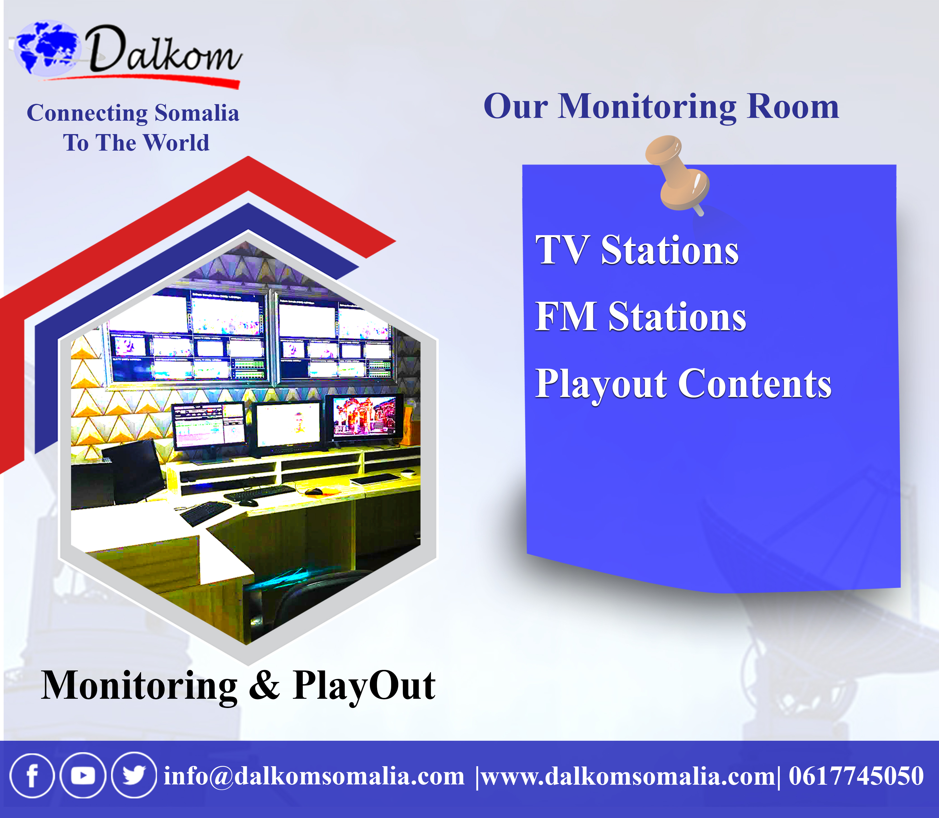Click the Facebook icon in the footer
pyautogui.click(x=32, y=775)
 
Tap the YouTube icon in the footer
pyautogui.click(x=83, y=775)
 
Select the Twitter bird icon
pyautogui.click(x=134, y=775)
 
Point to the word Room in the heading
pyautogui.click(x=793, y=106)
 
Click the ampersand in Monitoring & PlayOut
pyautogui.click(x=264, y=685)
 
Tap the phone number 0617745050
pyautogui.click(x=856, y=776)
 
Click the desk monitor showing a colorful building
pyautogui.click(x=364, y=418)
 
